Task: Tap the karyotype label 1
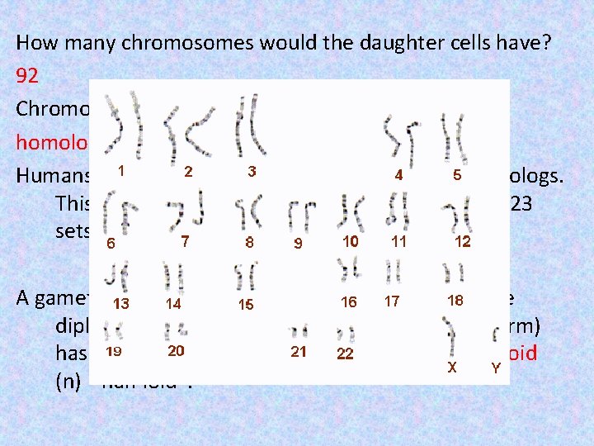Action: click(x=121, y=171)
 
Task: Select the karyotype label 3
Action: click(x=251, y=172)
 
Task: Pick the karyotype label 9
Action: click(x=298, y=244)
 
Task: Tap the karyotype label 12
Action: click(x=463, y=241)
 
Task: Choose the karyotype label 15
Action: click(x=246, y=305)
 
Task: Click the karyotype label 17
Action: click(x=391, y=302)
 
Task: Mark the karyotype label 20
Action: click(x=176, y=350)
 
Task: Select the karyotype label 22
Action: click(x=345, y=353)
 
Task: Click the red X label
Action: click(x=452, y=368)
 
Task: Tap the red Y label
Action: click(x=495, y=368)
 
